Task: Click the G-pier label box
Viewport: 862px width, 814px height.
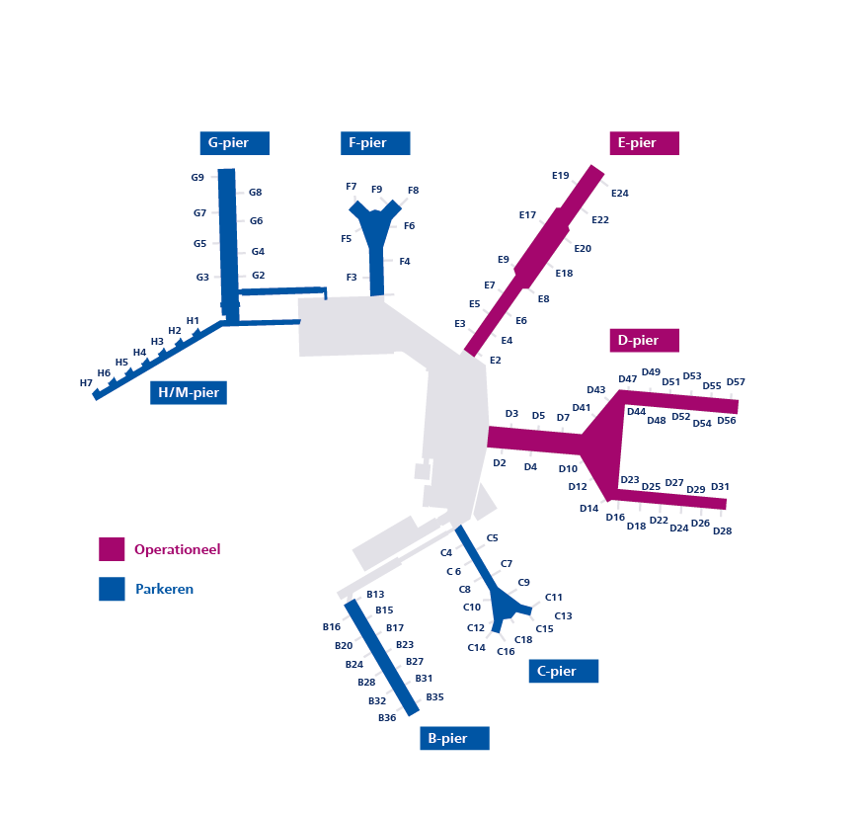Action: click(234, 143)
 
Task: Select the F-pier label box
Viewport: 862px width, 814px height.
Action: click(375, 143)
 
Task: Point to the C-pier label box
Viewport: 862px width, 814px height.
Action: click(564, 671)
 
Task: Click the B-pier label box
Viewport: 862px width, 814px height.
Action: click(455, 738)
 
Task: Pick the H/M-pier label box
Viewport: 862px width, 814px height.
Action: click(189, 393)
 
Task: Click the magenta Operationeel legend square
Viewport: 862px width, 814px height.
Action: click(112, 549)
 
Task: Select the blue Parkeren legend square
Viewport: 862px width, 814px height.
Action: click(112, 589)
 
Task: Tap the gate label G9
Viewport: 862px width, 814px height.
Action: click(197, 178)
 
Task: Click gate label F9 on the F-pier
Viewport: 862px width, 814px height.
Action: click(376, 190)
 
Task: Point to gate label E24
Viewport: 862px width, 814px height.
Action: click(620, 194)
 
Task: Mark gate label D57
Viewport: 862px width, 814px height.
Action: click(736, 382)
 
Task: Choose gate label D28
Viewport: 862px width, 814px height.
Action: click(722, 531)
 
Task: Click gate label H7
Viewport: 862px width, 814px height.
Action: click(86, 383)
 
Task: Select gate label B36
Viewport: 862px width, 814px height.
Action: click(387, 718)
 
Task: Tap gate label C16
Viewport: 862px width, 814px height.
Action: click(506, 652)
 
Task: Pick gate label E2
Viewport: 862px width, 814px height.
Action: click(496, 361)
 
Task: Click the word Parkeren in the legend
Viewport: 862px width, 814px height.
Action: click(164, 589)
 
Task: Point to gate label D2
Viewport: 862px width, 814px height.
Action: click(500, 463)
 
